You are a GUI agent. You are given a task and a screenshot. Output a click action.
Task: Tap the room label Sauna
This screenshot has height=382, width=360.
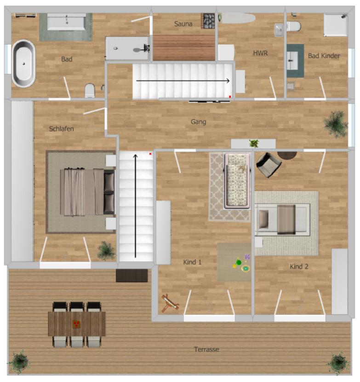point(183,24)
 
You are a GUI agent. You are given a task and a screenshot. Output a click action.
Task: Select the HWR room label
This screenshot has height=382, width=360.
point(260,53)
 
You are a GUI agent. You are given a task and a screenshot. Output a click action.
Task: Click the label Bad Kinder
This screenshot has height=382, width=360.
point(324,56)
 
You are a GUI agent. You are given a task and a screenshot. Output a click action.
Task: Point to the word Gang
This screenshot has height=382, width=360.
point(198,122)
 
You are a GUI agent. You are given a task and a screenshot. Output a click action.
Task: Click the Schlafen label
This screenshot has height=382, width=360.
point(61,129)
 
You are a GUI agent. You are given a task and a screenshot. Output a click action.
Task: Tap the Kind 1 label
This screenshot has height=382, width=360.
point(193,262)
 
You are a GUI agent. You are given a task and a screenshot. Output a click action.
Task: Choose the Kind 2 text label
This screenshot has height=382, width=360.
point(299,266)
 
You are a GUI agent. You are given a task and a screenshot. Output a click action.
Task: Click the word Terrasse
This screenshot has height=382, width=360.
point(206,349)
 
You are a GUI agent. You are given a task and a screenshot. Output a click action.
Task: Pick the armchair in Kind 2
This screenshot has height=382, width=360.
point(268,165)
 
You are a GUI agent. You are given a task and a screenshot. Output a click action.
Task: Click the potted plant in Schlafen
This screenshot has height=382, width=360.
point(106,250)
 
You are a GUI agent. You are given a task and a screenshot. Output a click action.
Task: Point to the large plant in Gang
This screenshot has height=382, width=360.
point(335,123)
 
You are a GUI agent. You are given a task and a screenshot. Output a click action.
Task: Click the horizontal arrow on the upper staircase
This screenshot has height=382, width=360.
point(183,81)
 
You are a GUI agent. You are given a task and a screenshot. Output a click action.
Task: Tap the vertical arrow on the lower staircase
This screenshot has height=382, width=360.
point(135,206)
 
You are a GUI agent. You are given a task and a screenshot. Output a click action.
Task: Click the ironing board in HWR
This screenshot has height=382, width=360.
point(237,18)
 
